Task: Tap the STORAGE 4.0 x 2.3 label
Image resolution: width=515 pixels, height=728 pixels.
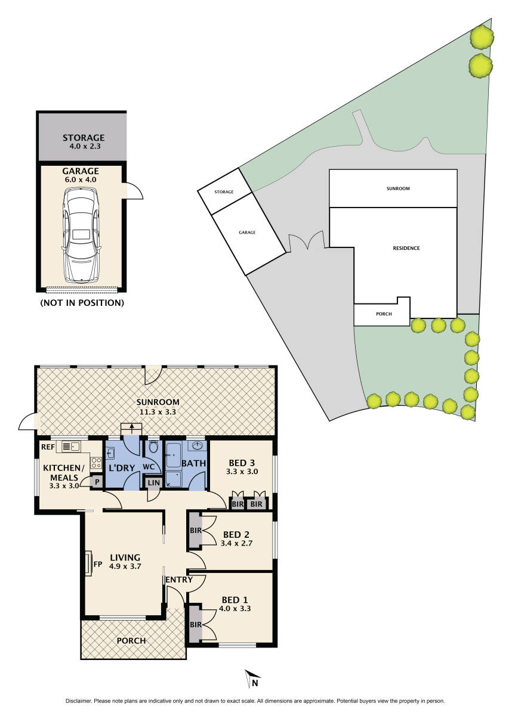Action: pyautogui.click(x=84, y=141)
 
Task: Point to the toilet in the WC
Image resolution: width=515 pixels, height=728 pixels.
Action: pyautogui.click(x=153, y=447)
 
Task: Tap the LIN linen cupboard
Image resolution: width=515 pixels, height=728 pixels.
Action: pyautogui.click(x=153, y=482)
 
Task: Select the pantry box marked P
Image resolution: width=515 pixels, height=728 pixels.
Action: pyautogui.click(x=96, y=482)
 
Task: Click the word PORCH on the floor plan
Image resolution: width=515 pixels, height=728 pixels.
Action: pyautogui.click(x=131, y=641)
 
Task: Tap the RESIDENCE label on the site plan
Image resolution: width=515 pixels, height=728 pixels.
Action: pyautogui.click(x=407, y=248)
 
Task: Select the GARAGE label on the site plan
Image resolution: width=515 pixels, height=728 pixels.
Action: pyautogui.click(x=247, y=233)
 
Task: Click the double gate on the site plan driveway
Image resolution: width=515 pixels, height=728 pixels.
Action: pyautogui.click(x=307, y=242)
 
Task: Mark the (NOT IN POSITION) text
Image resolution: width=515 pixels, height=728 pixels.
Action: pyautogui.click(x=82, y=303)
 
